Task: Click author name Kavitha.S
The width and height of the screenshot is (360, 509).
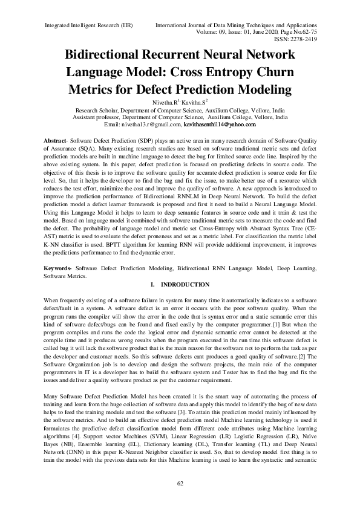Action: [194, 104]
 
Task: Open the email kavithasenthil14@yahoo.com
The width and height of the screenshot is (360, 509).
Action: [220, 125]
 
